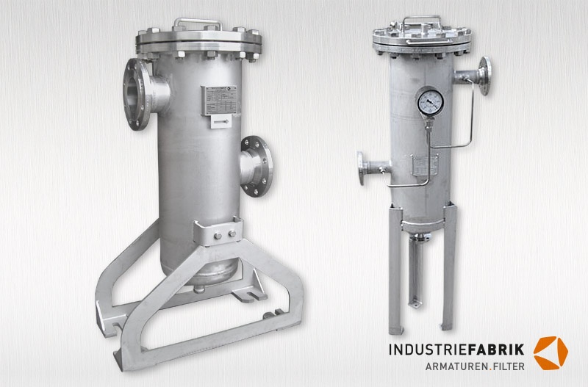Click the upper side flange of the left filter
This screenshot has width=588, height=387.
(136, 93)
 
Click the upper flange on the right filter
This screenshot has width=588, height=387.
(484, 74)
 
